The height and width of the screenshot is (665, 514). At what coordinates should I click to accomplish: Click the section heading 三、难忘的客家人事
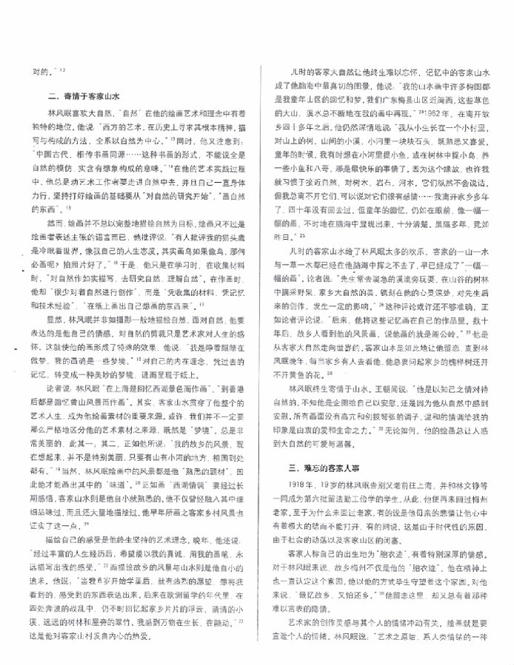click(x=325, y=468)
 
